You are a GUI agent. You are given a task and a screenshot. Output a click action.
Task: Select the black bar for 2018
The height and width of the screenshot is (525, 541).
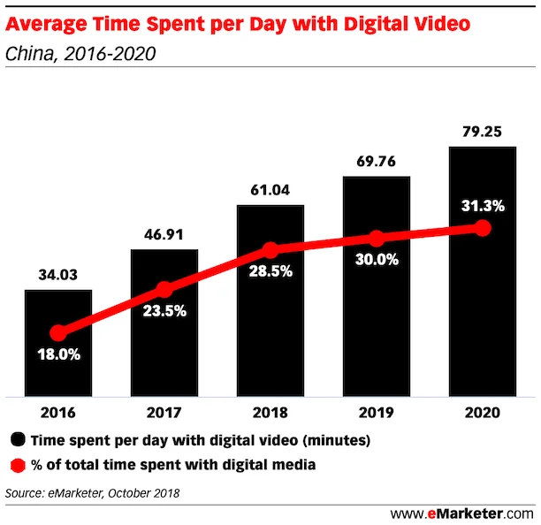pos(270,336)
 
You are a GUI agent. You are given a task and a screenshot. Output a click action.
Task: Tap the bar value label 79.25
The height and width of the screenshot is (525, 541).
pos(482,132)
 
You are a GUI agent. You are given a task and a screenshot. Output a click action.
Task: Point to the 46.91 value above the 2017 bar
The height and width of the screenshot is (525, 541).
pos(164,234)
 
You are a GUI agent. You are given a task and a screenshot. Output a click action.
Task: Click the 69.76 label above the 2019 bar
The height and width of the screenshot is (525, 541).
pos(376,162)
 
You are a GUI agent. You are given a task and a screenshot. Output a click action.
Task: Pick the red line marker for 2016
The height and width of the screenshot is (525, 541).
pos(58,333)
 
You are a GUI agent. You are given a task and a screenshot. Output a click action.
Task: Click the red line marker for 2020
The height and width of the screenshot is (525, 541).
pos(482,228)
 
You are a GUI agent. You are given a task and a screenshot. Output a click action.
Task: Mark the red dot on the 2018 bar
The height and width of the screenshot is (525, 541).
pos(270,250)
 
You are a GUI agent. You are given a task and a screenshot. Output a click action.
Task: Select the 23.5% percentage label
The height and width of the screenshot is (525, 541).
pos(164,311)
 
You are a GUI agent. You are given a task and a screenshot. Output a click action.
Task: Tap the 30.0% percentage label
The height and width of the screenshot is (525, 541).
pos(376,261)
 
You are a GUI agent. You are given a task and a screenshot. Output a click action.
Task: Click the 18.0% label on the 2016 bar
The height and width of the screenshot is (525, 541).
pos(58,355)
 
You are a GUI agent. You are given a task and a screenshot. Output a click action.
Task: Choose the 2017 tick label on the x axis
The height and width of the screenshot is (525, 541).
pos(164,413)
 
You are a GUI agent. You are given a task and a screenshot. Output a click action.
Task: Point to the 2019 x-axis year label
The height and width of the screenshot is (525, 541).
pos(376,413)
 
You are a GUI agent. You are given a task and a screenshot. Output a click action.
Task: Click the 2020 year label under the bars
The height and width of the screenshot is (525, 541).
pos(482,413)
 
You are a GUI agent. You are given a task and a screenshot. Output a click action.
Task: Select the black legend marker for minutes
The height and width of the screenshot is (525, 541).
pos(17,439)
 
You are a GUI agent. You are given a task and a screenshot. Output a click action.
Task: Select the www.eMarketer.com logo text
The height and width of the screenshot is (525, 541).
pos(462,513)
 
